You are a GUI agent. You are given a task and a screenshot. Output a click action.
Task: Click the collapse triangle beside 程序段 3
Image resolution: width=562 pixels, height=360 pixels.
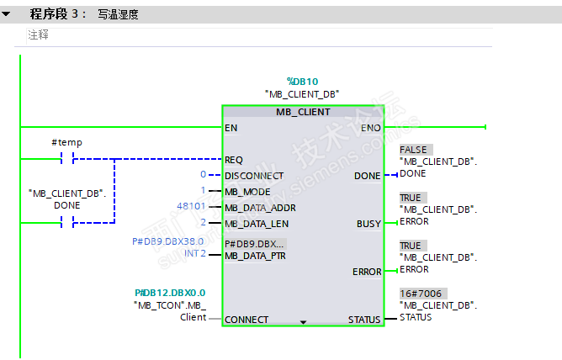click(7, 14)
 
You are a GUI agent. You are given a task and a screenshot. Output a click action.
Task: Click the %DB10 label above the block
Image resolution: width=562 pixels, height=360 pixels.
click(302, 81)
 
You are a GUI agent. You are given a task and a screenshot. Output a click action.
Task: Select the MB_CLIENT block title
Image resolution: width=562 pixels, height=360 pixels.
click(303, 112)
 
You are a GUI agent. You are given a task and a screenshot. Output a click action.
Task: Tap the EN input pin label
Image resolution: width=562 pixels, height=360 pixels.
click(231, 128)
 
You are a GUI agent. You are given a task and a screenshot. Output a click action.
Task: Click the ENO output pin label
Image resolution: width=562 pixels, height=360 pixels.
click(370, 128)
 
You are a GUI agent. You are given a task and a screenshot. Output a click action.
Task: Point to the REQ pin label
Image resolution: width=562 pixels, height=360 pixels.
click(234, 159)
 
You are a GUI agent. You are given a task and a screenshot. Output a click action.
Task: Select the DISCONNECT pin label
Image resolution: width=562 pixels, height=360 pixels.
click(254, 176)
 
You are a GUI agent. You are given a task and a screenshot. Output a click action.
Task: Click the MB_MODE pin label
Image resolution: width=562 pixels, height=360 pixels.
click(248, 191)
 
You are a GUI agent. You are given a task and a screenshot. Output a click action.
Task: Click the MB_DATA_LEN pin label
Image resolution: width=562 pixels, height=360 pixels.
click(256, 223)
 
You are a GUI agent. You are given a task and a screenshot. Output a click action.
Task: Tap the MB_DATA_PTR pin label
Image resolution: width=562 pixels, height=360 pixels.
click(256, 255)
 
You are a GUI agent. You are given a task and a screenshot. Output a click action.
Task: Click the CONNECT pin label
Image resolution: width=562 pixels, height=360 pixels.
click(247, 320)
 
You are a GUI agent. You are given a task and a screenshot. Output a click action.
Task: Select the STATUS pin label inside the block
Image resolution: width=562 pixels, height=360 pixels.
click(364, 320)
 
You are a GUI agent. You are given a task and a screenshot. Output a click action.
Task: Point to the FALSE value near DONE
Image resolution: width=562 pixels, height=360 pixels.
click(415, 150)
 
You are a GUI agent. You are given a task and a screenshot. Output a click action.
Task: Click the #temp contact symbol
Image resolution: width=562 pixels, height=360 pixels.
click(66, 159)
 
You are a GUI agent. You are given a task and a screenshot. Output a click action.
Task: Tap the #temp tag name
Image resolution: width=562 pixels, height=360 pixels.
click(66, 143)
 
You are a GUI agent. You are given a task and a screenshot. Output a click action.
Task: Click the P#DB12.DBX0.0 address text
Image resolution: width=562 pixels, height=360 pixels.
click(170, 293)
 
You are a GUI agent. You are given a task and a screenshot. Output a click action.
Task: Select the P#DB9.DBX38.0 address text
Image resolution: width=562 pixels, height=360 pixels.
click(168, 241)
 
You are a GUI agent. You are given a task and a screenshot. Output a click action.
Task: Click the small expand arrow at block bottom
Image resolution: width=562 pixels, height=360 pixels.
click(303, 321)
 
